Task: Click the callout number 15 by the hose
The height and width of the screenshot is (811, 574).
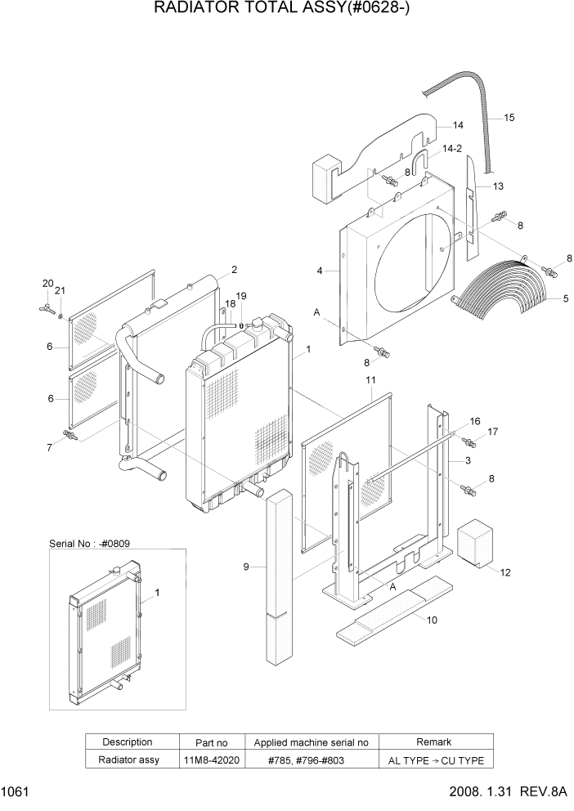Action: point(509,118)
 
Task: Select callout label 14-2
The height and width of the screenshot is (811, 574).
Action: point(453,148)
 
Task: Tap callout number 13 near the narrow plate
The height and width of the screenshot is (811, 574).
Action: point(498,186)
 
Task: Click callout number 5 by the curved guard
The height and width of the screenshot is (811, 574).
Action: point(565,299)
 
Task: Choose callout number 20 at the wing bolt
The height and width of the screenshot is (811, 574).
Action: point(47,284)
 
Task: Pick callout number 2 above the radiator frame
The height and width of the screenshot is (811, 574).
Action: point(234,269)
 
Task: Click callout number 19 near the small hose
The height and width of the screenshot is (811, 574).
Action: point(240,296)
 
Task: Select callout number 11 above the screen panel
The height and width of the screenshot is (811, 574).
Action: point(370,380)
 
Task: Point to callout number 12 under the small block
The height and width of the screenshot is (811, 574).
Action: point(504,572)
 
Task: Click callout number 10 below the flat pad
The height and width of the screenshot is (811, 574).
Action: point(432,620)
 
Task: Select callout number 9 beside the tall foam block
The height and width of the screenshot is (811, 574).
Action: point(245,566)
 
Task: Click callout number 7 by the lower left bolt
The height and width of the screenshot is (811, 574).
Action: point(49,446)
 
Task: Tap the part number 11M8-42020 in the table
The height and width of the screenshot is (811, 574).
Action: point(211,760)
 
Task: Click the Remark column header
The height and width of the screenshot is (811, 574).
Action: point(433,742)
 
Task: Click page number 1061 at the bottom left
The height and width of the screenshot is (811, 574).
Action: point(16,791)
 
